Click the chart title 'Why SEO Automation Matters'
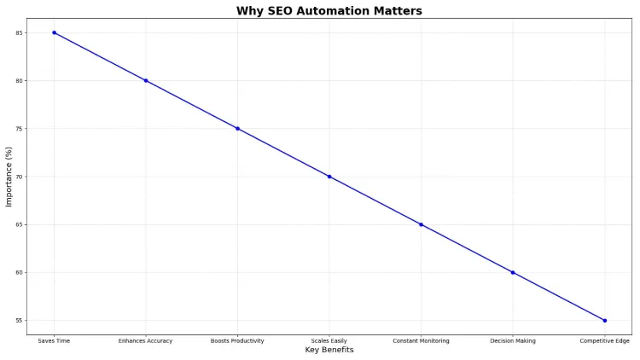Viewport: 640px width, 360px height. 329,11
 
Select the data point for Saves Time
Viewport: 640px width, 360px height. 54,32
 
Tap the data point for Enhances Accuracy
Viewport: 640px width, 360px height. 146,80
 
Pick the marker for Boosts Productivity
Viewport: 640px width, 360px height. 237,129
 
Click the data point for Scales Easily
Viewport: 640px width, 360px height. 329,177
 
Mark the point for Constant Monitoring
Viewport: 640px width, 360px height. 421,224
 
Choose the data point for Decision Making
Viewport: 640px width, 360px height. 513,272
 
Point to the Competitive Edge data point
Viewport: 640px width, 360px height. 604,321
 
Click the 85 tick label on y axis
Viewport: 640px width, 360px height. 20,32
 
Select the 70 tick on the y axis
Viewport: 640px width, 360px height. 20,177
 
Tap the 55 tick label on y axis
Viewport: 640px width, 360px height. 20,321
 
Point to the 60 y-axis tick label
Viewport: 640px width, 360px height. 20,273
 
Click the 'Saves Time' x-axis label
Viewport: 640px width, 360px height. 54,341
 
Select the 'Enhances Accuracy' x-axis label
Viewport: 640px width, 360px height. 146,341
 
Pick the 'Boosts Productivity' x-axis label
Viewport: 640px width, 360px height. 237,341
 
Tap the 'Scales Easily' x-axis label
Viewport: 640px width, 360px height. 329,341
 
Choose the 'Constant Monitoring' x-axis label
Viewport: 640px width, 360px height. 421,341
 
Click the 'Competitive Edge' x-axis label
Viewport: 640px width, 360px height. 604,341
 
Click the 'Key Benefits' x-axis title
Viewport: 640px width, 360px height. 329,351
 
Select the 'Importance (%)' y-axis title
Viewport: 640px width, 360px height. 9,177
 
